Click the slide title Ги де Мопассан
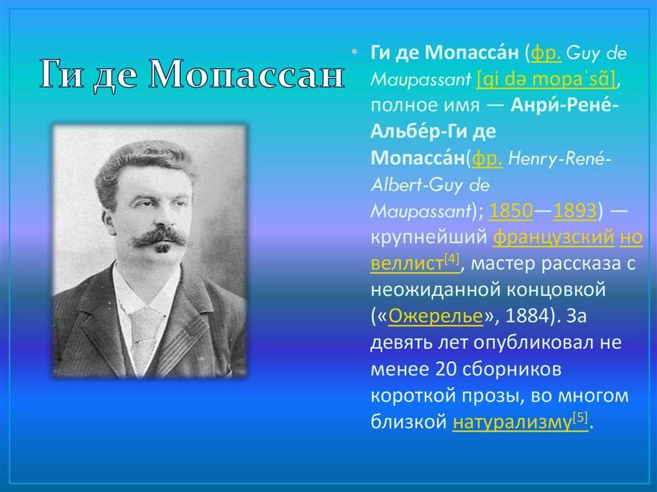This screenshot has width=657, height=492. coord(192,74)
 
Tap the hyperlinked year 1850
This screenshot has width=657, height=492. coord(511,211)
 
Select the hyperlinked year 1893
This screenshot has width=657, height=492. coord(575,211)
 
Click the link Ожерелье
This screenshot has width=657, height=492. coord(436,316)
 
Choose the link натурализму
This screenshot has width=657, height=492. coord(512,422)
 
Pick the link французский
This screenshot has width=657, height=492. coord(554,237)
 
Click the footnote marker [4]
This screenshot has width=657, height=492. coord(452,259)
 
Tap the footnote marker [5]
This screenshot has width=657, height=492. coord(580,418)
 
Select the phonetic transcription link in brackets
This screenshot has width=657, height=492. coord(546,79)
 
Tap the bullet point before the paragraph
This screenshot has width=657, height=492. coord(355,53)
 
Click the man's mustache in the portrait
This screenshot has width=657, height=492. coord(159,237)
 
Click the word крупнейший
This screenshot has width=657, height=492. coord(429,237)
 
